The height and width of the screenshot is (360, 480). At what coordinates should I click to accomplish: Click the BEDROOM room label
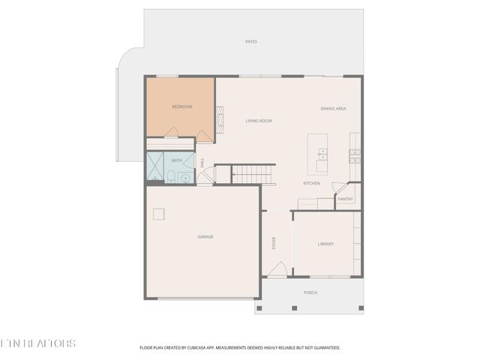coord(182,107)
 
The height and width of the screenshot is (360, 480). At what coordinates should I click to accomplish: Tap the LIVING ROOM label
coord(259,121)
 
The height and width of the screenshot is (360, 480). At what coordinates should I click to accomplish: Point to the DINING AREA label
coord(333,109)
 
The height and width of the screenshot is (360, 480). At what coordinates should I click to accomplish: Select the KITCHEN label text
coord(312,184)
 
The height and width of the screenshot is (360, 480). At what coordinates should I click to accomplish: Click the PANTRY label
coord(345,199)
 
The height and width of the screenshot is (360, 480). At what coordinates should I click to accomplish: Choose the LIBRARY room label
coord(325,244)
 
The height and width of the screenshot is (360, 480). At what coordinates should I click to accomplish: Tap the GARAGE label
coord(205,237)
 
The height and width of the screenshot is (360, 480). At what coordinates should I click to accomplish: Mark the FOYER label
coord(274,244)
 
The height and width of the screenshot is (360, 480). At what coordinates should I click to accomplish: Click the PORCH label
coord(310,292)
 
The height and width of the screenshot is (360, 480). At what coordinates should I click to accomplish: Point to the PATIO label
coord(251,41)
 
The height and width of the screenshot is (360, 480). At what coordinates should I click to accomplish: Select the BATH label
coord(177,160)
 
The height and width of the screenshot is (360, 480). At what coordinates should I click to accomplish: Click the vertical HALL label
coord(202,162)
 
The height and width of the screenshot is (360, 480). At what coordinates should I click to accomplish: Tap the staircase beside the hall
coord(253,175)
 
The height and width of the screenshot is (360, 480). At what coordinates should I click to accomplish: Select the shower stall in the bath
coord(155,167)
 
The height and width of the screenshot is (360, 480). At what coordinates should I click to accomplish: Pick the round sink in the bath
coord(185,178)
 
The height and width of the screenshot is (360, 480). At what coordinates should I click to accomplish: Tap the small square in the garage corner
coord(159,214)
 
